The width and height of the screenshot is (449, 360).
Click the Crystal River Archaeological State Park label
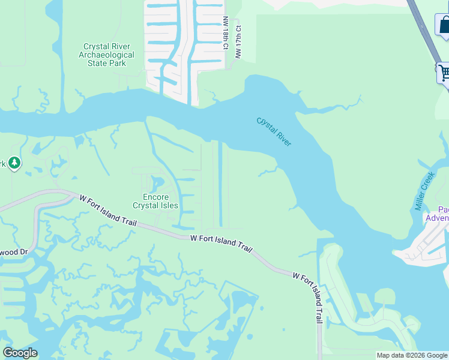(109, 55)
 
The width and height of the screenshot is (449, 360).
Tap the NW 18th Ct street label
(226, 33)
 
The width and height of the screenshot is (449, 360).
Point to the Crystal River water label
(274, 131)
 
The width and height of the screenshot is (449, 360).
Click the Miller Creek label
(424, 191)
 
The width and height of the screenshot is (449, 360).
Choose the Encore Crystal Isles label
(155, 201)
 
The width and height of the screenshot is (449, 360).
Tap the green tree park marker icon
(13, 163)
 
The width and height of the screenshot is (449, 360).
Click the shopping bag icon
(444, 25)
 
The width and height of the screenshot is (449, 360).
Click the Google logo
(20, 353)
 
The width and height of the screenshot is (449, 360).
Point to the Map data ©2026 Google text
(412, 355)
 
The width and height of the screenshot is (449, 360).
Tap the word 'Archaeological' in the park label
(109, 55)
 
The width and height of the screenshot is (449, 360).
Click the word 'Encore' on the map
(155, 197)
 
